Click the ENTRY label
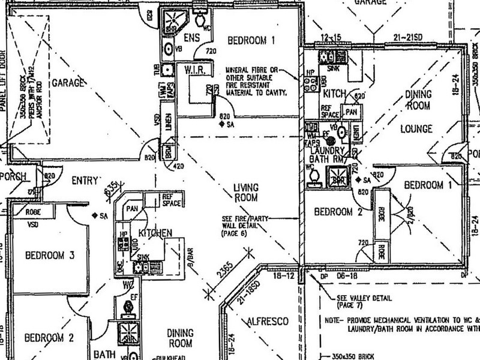click(x=85, y=179)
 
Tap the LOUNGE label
click(x=418, y=128)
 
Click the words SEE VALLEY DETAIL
click(x=364, y=298)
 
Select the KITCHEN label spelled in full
click(x=155, y=232)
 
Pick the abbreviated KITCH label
click(x=334, y=95)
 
